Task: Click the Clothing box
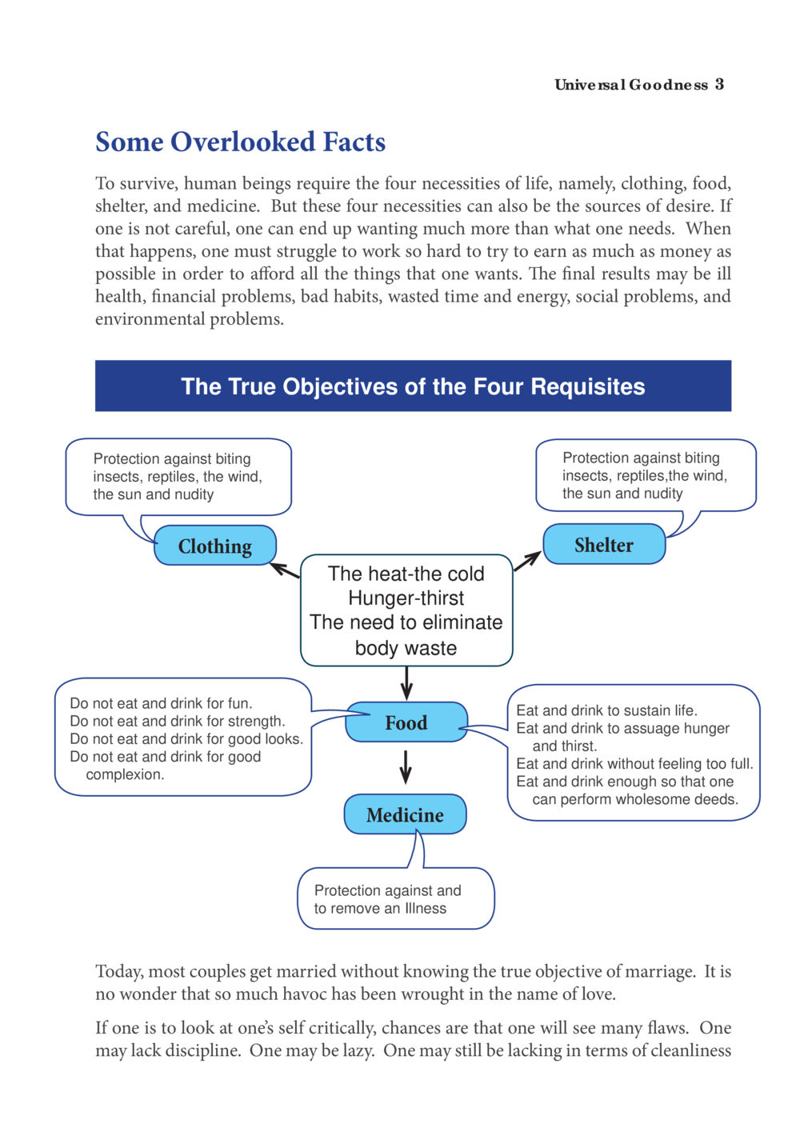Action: [214, 546]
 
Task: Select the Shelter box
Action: [604, 544]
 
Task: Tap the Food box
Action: [406, 722]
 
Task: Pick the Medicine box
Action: [406, 814]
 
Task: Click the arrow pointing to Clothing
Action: [285, 570]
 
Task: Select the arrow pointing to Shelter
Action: [527, 561]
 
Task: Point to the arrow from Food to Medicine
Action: [406, 767]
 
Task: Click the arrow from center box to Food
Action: [406, 683]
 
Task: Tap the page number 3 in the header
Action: [719, 84]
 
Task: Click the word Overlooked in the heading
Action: [243, 142]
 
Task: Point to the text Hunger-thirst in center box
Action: [406, 598]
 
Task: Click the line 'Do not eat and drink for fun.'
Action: [162, 703]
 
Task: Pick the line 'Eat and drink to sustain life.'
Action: [606, 710]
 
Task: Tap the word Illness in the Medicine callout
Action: [426, 908]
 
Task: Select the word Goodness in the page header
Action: [669, 84]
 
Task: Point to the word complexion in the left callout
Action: [125, 774]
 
